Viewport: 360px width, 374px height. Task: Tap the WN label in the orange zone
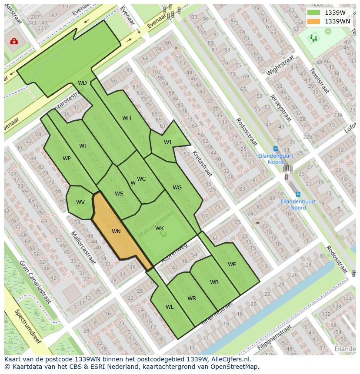click(116, 232)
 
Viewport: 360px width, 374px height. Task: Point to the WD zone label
click(82, 83)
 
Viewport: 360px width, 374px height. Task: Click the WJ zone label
click(167, 142)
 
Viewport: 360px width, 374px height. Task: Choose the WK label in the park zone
click(160, 228)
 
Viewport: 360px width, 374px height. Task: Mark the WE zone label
click(232, 265)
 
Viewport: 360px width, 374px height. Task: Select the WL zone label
click(170, 307)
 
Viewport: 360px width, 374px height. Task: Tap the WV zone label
click(80, 202)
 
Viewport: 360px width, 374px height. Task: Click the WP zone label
click(67, 159)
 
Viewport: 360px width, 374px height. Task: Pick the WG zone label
click(177, 188)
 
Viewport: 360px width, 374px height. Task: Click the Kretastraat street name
click(202, 164)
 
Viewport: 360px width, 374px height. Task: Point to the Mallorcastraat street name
click(83, 247)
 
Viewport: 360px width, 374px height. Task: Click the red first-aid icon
click(14, 41)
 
